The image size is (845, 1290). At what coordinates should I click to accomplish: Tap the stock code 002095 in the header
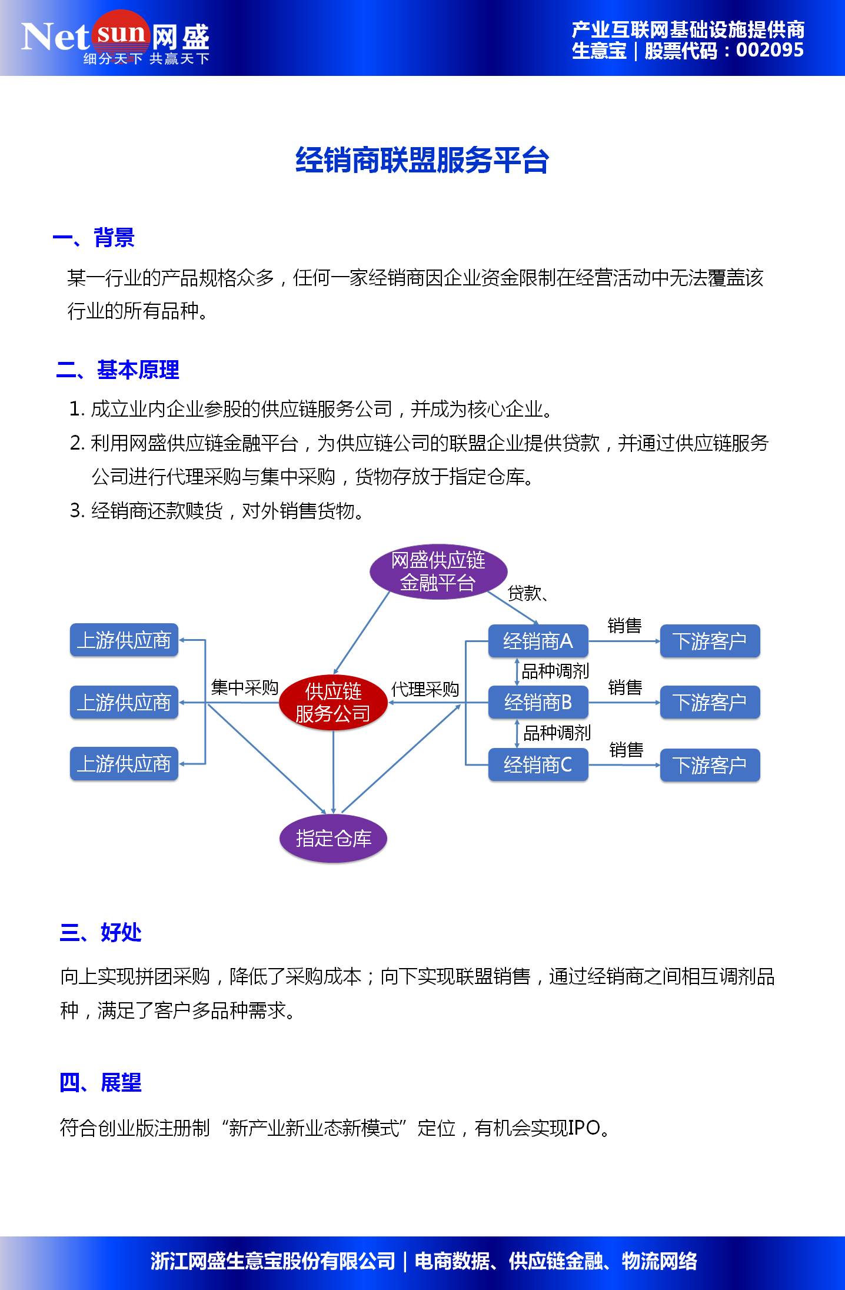(x=770, y=50)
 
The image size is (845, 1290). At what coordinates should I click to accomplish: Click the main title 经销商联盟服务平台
(x=422, y=161)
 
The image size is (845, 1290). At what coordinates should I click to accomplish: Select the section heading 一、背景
(x=94, y=238)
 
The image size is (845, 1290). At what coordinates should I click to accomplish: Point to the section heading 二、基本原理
(x=118, y=370)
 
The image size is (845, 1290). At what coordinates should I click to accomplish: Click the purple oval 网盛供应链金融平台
(x=438, y=571)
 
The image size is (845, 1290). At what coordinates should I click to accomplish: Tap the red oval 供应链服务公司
(x=333, y=702)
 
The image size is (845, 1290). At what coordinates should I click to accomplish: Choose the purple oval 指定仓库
(x=333, y=838)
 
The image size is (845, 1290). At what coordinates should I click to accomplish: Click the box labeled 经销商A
(x=538, y=641)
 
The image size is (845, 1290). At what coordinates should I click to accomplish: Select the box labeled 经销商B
(x=538, y=702)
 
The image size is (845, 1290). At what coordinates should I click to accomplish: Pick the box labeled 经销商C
(x=538, y=764)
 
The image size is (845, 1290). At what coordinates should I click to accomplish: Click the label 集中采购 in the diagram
(x=244, y=687)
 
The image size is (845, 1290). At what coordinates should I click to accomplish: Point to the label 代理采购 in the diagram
(x=425, y=689)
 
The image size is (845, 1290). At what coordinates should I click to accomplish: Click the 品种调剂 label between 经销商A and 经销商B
(x=555, y=671)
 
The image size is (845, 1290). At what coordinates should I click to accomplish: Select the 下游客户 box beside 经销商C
(x=710, y=765)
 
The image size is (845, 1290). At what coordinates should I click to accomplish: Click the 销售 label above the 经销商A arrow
(x=624, y=626)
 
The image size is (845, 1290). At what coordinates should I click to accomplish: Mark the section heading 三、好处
(x=101, y=932)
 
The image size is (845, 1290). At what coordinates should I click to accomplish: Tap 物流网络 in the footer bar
(x=659, y=1261)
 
